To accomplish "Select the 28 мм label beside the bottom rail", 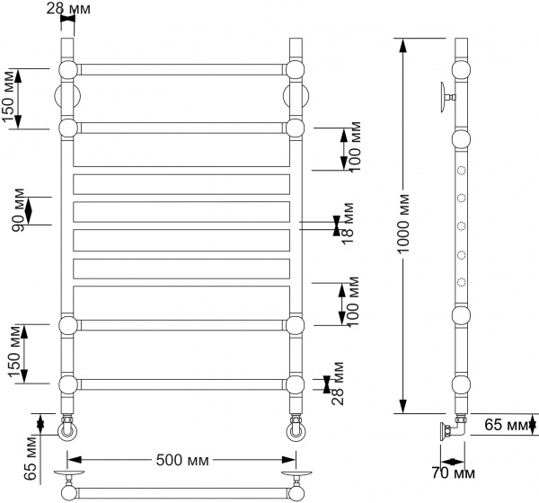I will click(339, 384).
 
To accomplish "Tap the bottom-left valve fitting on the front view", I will click(68, 428).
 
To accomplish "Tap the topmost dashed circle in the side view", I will click(460, 171).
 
